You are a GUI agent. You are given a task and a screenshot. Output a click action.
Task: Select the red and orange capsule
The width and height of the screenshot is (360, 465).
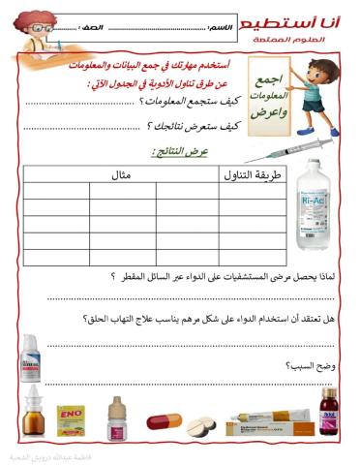pos(162,420)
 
